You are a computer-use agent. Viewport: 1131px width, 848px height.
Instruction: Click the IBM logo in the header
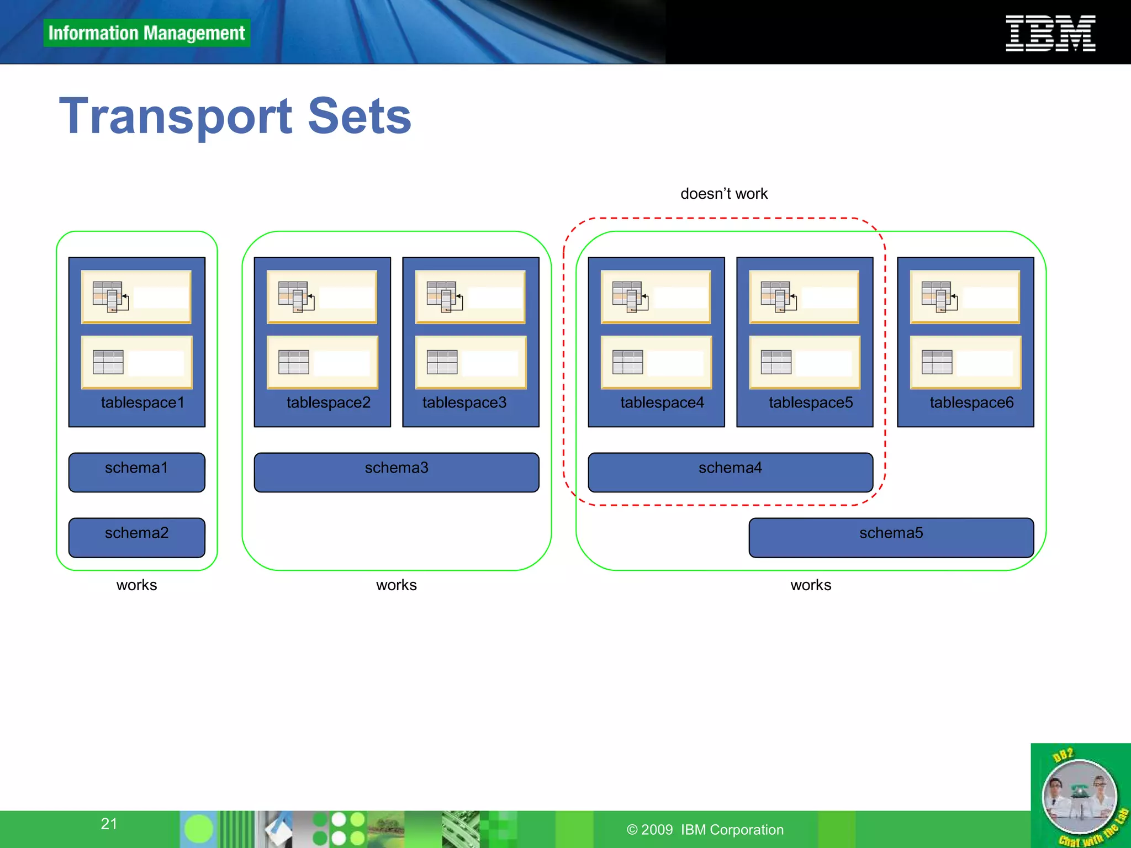coord(1050,33)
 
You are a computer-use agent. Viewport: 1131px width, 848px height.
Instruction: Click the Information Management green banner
coord(146,33)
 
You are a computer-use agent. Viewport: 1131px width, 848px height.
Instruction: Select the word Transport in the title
coord(176,116)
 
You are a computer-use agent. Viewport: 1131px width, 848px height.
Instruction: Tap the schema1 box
coord(136,472)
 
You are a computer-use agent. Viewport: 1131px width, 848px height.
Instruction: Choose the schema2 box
coord(136,537)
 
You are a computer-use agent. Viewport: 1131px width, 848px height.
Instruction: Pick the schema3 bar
coord(396,472)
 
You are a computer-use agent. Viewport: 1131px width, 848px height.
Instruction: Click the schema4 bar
coord(730,472)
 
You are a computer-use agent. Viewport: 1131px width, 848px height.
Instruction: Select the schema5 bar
coord(891,537)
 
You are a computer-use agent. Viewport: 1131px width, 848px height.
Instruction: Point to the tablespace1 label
coord(142,402)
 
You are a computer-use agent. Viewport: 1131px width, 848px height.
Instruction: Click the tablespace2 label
coord(329,402)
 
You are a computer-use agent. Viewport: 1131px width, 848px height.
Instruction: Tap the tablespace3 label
coord(464,402)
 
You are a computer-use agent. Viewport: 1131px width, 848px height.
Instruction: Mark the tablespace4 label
coord(662,402)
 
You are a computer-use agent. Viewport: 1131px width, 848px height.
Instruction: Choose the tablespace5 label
coord(811,402)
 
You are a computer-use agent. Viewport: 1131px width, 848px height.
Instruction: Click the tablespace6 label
coord(971,402)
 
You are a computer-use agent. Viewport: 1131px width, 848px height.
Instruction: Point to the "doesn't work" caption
coord(724,194)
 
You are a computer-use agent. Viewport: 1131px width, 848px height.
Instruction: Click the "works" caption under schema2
coord(136,585)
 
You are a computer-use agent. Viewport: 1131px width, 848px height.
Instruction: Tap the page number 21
coord(109,824)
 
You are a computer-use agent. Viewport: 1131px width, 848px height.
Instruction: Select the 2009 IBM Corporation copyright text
coord(705,830)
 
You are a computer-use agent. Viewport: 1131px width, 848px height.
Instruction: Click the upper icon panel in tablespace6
coord(965,297)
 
